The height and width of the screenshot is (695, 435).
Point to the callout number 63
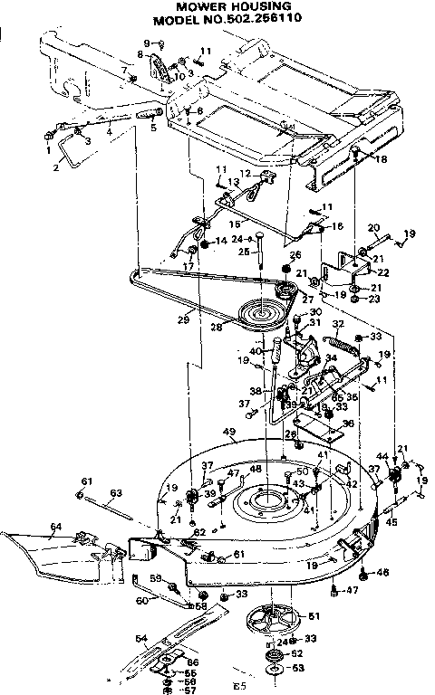point(115,493)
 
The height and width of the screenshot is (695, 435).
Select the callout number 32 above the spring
point(337,323)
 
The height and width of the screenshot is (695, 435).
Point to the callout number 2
point(56,168)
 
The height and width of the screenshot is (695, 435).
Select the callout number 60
point(141,600)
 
